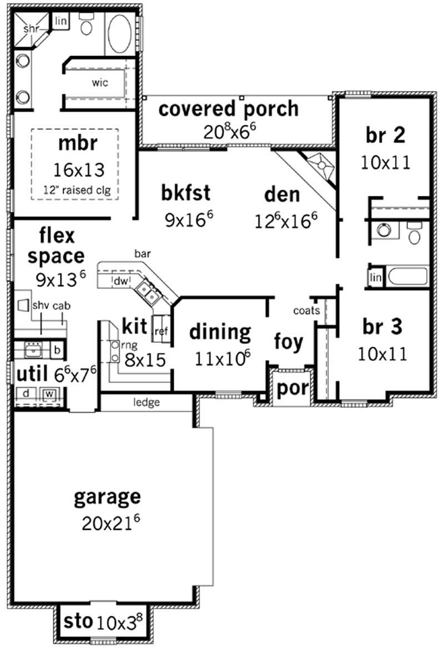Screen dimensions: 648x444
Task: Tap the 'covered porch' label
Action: (229, 109)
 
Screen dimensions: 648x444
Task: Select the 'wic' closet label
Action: (100, 82)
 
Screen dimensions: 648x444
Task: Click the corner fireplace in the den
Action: (321, 164)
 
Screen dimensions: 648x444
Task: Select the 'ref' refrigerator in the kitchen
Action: (161, 332)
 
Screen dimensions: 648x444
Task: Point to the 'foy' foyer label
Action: (289, 342)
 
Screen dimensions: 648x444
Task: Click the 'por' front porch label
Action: (292, 388)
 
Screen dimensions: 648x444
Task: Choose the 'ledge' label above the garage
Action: (147, 402)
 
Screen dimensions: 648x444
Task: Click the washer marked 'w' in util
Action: (49, 394)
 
